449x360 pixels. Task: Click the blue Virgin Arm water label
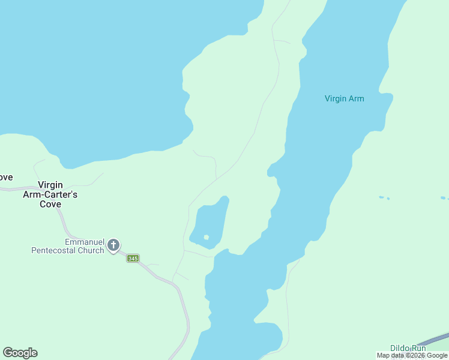(344, 98)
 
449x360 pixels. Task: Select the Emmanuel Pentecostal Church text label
(68, 246)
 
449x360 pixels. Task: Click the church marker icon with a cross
(113, 245)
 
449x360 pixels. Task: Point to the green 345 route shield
(133, 259)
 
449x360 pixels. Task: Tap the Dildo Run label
(408, 348)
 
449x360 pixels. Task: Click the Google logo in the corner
(20, 353)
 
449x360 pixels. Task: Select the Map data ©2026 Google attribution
(412, 356)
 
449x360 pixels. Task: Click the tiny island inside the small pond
(206, 238)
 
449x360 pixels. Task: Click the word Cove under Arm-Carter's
(50, 204)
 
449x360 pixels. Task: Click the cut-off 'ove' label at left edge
(6, 178)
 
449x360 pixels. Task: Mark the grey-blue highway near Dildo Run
(436, 340)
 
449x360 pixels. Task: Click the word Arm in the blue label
(357, 98)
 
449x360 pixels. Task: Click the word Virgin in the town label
(50, 185)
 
